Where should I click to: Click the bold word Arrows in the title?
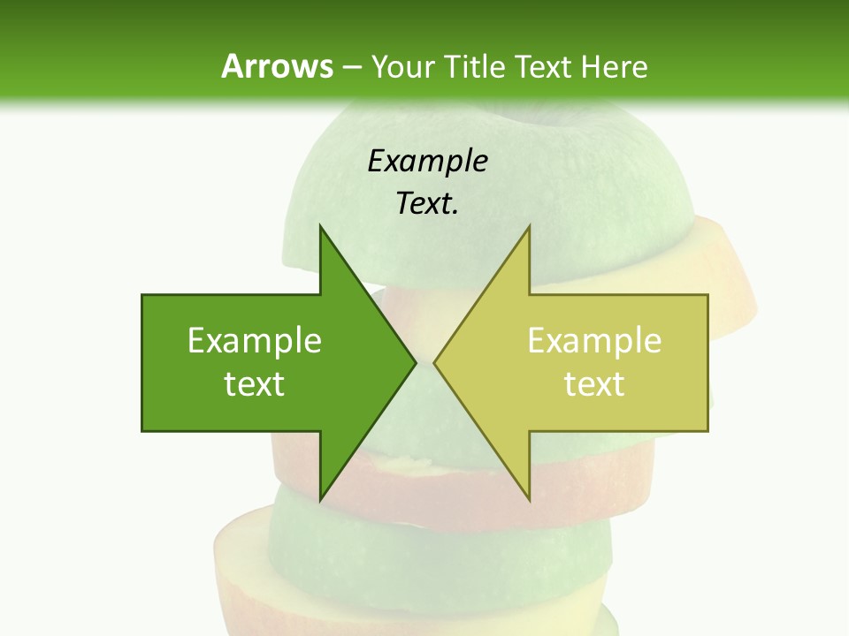pos(277,67)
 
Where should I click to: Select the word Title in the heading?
pos(480,67)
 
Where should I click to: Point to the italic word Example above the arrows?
pos(427,161)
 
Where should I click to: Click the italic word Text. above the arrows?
pos(427,204)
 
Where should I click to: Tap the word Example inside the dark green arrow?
pos(255,341)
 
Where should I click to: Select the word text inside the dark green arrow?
pos(255,384)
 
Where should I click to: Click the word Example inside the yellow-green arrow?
pos(594,341)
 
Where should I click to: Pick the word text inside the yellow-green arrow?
pos(594,384)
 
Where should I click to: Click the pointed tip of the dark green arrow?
pos(416,362)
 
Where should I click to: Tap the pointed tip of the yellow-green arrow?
pos(434,362)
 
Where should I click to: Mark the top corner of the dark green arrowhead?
pos(320,226)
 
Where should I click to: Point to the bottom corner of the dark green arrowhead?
pos(320,500)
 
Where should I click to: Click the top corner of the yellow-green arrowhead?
pos(529,226)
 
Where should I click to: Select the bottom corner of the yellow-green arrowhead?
pos(529,500)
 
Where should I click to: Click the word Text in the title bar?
pos(544,67)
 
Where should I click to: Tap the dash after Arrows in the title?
pos(351,67)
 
